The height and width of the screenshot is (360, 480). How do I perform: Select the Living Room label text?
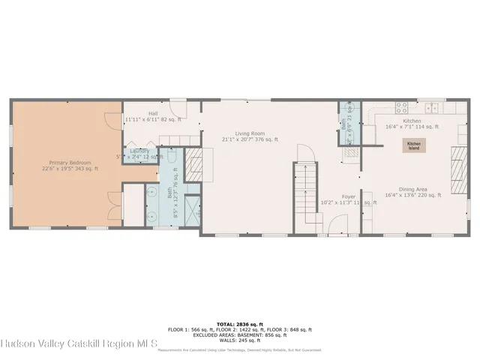click(x=250, y=136)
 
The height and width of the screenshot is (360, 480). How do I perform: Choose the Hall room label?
click(x=153, y=116)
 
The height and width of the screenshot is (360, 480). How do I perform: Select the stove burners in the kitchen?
click(x=402, y=106)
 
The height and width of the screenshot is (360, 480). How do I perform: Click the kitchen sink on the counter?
click(x=430, y=106)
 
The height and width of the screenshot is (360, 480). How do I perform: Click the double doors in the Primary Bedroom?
click(x=113, y=201)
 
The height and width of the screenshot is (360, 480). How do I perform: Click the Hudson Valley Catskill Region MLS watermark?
click(x=79, y=344)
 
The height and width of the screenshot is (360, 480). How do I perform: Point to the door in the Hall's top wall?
click(x=178, y=106)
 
